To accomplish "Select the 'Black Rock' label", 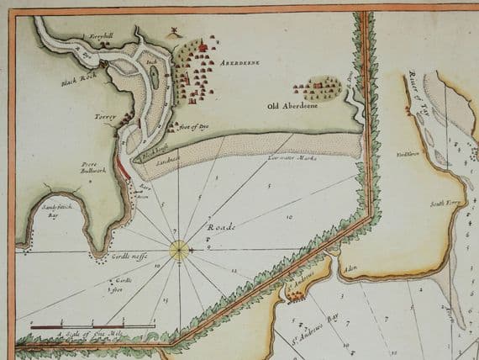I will coord(73,83).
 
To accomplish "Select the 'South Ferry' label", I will coord(442,204).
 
